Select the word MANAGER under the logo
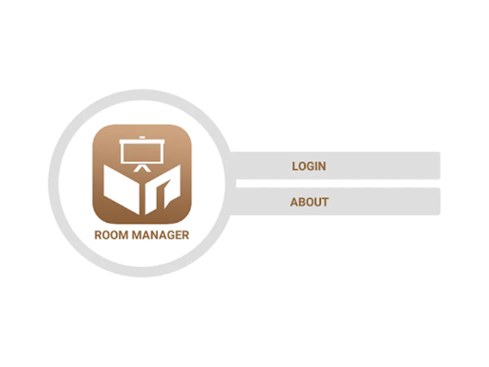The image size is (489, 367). pyautogui.click(x=161, y=235)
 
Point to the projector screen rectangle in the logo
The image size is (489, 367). pyautogui.click(x=142, y=153)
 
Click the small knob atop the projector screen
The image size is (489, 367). pyautogui.click(x=142, y=137)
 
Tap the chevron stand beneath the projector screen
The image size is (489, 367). pyautogui.click(x=142, y=169)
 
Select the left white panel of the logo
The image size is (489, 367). pyautogui.click(x=121, y=189)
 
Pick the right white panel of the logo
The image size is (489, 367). pyautogui.click(x=163, y=189)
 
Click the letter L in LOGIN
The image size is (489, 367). pyautogui.click(x=295, y=166)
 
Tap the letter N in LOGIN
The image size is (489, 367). pyautogui.click(x=322, y=166)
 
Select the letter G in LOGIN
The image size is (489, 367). pyautogui.click(x=311, y=166)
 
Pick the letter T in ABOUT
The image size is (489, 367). pyautogui.click(x=325, y=202)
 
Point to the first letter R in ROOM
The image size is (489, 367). pyautogui.click(x=98, y=235)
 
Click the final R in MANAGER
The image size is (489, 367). pyautogui.click(x=185, y=235)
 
